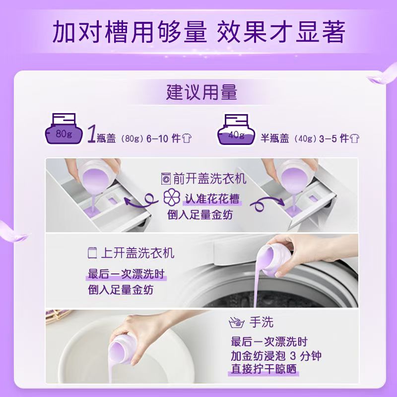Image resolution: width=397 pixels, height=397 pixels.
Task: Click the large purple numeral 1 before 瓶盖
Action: coord(91,134)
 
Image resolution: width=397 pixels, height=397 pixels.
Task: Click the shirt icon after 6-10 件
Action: coord(187,138)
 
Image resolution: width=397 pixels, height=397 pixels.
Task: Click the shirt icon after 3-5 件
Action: coord(354,138)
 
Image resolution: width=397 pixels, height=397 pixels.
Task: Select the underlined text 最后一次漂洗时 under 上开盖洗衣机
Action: coord(127,274)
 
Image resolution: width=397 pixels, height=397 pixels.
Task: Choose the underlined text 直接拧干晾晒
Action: coord(265,370)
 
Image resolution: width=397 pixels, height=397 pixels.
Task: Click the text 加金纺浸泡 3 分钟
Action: coord(276,356)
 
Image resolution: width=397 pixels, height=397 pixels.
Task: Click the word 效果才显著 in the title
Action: coord(281,32)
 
